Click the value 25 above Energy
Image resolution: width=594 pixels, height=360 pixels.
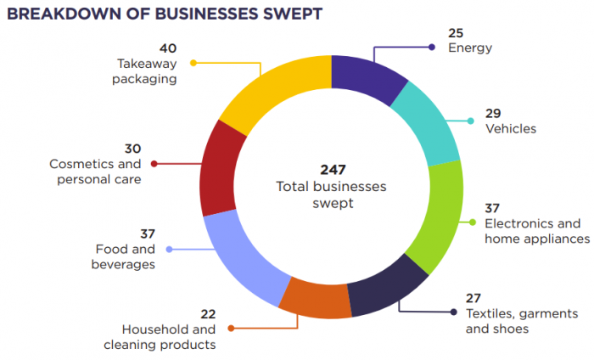(457, 33)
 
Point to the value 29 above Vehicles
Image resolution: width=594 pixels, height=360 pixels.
(494, 112)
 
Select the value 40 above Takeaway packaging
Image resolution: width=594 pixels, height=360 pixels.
(167, 48)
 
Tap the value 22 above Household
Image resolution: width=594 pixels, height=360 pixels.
(207, 313)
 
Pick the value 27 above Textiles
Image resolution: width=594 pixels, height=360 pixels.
(474, 297)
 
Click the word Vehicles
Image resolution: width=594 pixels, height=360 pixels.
(511, 128)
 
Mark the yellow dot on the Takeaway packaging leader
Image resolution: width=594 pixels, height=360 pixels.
(193, 63)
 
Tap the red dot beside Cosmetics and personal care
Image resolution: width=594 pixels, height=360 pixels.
(154, 163)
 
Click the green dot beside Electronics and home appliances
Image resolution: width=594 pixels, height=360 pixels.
(473, 222)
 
